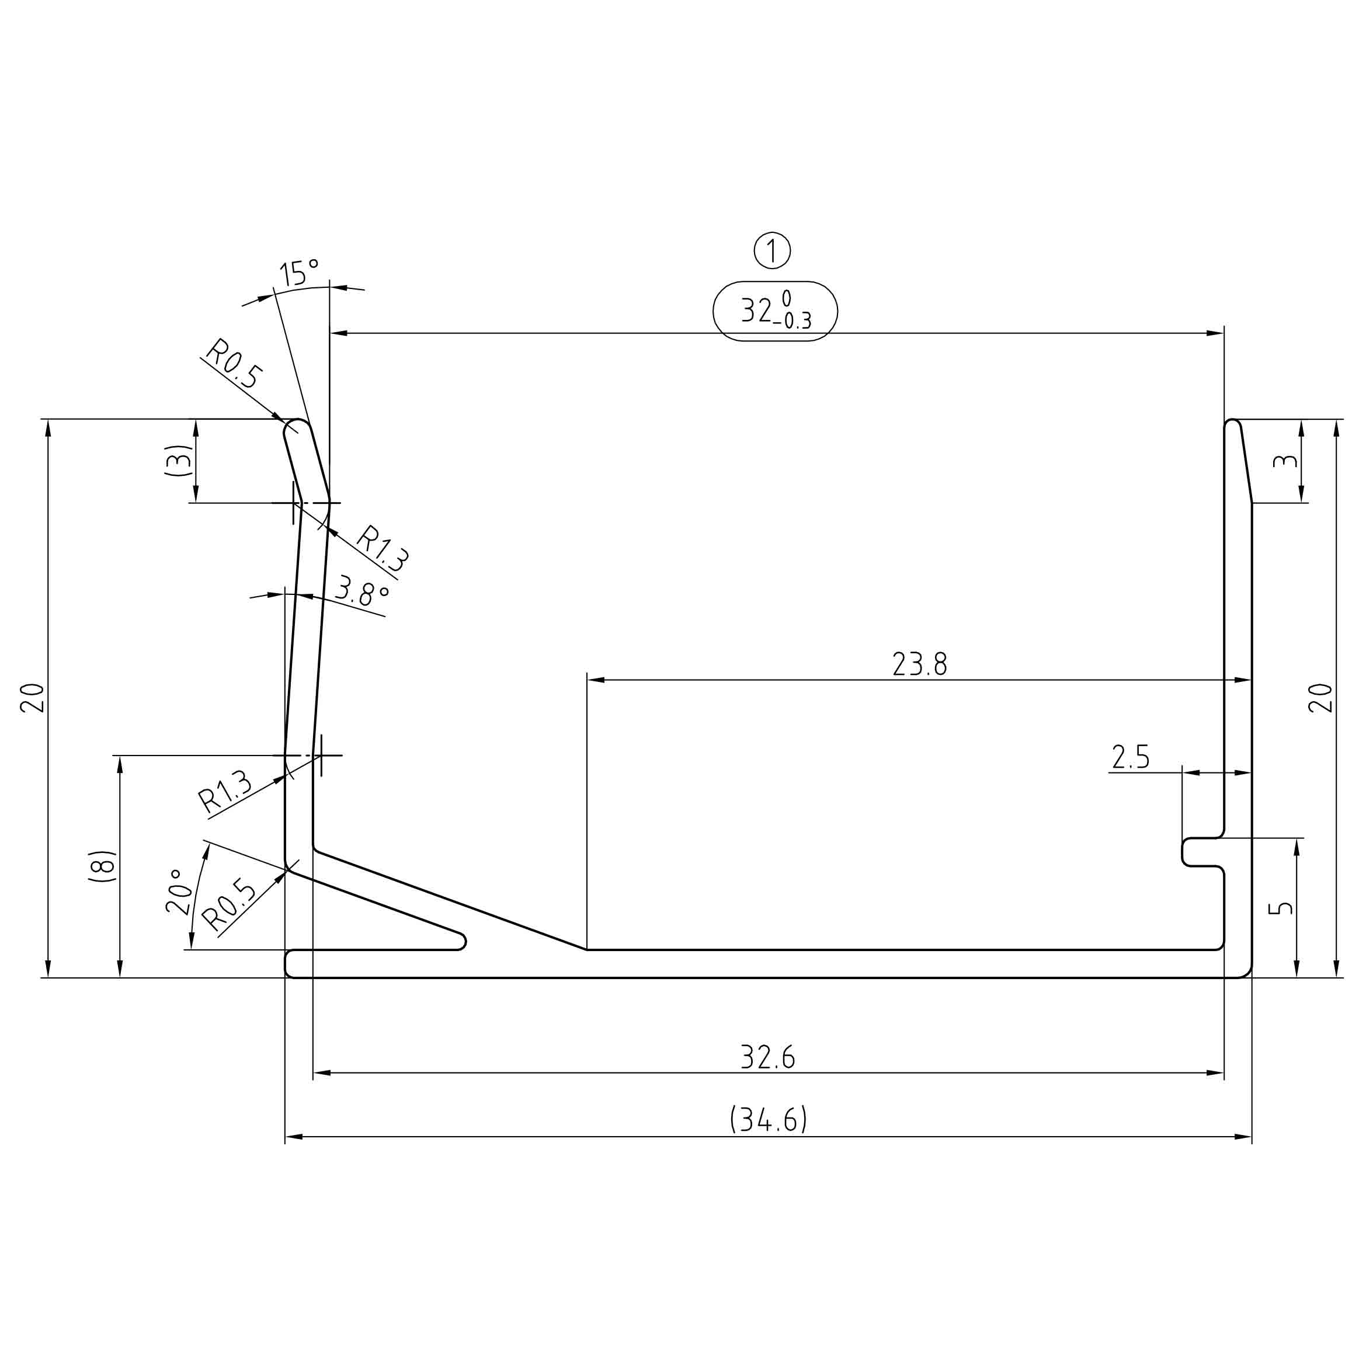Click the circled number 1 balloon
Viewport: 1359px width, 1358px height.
[x=772, y=250]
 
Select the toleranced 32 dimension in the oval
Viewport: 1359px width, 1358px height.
[x=775, y=311]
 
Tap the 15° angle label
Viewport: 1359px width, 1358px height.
[x=299, y=272]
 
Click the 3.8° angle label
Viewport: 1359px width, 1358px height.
[x=362, y=591]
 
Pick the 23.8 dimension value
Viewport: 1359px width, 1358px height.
[x=919, y=664]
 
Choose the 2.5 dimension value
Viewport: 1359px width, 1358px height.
[x=1131, y=757]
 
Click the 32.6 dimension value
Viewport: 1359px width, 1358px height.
[x=767, y=1056]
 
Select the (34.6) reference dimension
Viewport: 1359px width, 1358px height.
[x=768, y=1119]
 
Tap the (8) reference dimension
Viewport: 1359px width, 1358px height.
[x=103, y=866]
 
